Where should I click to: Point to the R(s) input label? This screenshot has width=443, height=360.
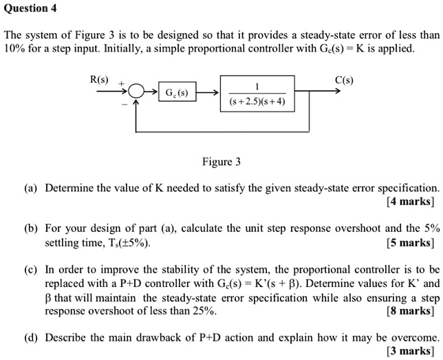coord(100,79)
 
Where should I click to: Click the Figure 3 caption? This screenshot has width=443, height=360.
coord(221,162)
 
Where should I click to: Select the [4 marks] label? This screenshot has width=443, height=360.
coord(411,202)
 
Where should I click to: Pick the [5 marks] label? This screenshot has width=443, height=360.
coord(411,242)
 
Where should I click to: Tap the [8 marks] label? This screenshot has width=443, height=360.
coord(411,310)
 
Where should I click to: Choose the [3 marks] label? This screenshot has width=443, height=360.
coord(411,351)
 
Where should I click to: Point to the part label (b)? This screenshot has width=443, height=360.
coord(31,228)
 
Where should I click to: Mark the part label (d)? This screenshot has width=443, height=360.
coord(31,337)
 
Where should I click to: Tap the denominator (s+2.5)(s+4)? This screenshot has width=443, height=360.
coord(257,103)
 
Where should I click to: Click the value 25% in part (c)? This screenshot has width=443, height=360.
coord(205,310)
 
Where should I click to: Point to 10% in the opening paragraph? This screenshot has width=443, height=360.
coord(14,49)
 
